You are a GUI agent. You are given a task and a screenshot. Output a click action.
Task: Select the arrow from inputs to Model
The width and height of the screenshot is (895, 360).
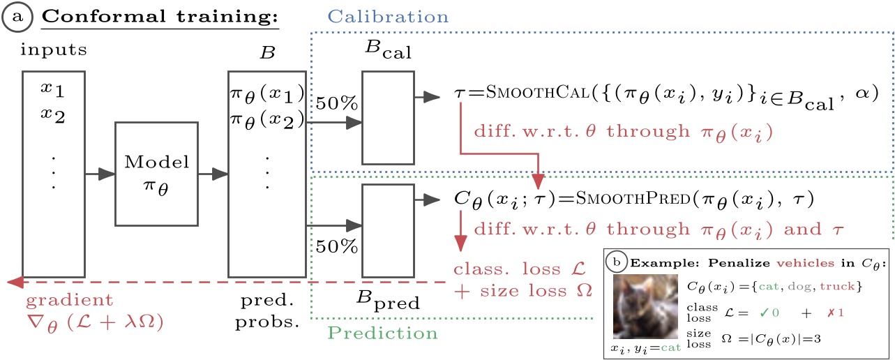coord(99,173)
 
